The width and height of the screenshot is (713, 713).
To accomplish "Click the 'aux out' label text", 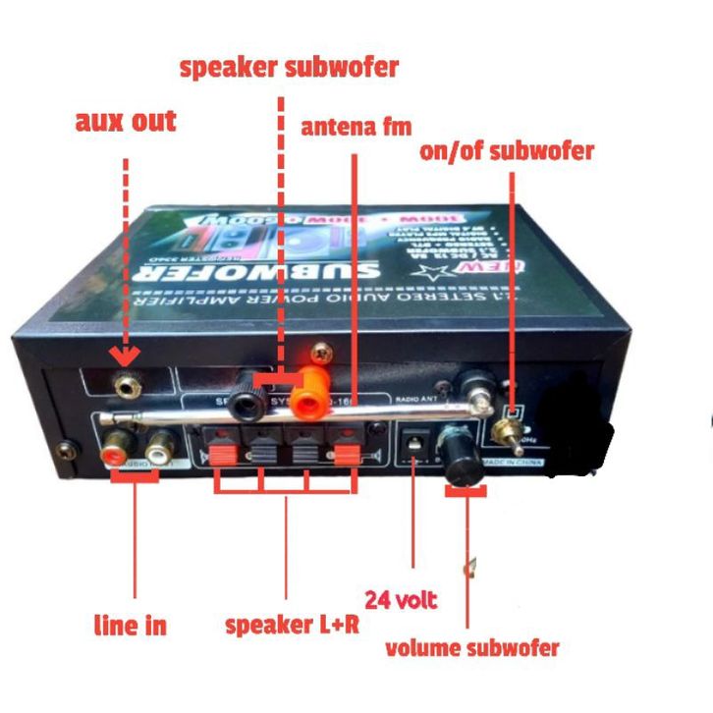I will click(x=126, y=121).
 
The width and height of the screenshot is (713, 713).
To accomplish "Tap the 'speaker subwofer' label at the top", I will click(x=289, y=67).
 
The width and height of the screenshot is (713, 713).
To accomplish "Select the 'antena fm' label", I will click(x=356, y=127).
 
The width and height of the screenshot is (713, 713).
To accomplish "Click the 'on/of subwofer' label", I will click(x=506, y=150).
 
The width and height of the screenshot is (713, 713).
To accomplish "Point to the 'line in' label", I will click(x=130, y=625).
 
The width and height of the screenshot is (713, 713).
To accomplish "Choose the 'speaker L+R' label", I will click(x=292, y=625).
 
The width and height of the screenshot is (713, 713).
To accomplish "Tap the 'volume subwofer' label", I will click(x=472, y=648).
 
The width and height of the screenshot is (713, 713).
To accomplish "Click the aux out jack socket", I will click(x=125, y=386).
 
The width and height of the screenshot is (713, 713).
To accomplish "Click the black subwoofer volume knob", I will click(x=463, y=456).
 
